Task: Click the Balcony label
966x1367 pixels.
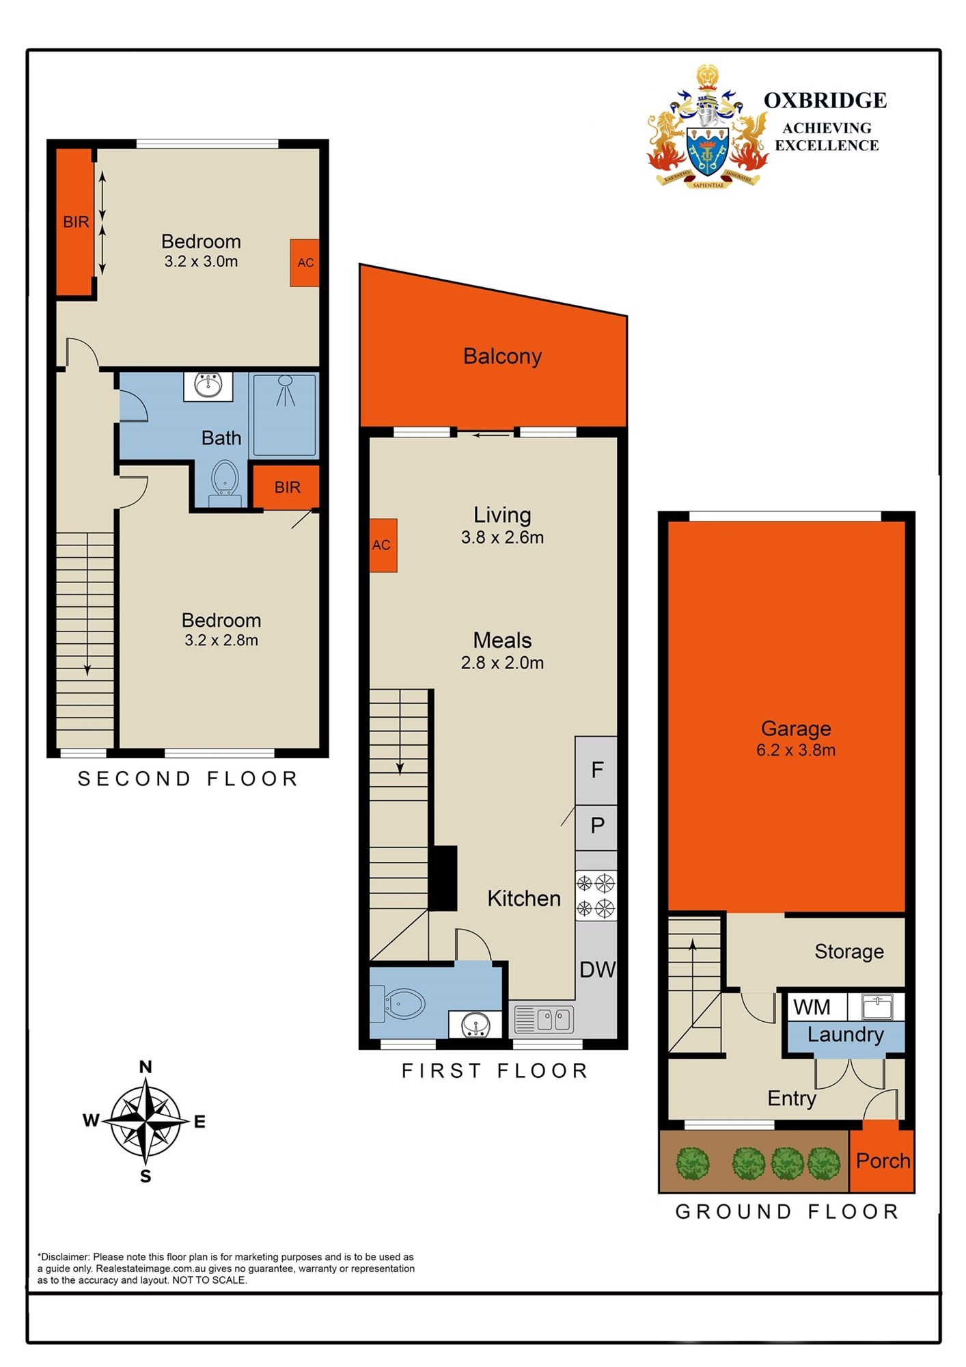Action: [x=502, y=356]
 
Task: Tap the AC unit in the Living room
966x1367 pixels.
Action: [x=383, y=545]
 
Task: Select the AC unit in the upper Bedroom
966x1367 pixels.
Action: [x=305, y=262]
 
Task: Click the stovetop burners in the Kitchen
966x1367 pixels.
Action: [x=596, y=895]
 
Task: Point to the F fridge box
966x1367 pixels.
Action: [x=596, y=770]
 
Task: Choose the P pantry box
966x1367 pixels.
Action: [x=596, y=827]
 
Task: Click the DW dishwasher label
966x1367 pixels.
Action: [x=597, y=969]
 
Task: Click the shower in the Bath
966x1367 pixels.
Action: [x=284, y=414]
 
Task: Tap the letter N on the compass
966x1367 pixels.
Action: [x=146, y=1067]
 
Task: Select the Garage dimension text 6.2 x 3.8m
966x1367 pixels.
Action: [x=796, y=750]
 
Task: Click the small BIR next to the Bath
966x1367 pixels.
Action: [x=287, y=487]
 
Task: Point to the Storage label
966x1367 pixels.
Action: [x=849, y=951]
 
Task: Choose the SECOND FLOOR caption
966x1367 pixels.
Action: [x=188, y=779]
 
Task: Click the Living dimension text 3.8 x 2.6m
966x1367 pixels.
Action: [x=502, y=538]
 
